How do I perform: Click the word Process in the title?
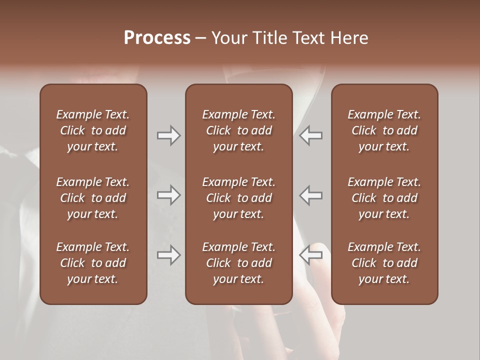[x=157, y=38]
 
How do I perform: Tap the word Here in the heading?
[x=349, y=38]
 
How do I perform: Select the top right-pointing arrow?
[x=168, y=135]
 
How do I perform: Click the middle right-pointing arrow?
[x=168, y=195]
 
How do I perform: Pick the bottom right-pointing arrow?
[x=168, y=255]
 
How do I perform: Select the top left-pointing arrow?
[x=311, y=135]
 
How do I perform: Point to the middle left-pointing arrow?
[x=311, y=195]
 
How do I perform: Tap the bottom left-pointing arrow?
[x=311, y=255]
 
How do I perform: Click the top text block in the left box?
[x=93, y=130]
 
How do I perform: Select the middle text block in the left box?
[x=93, y=198]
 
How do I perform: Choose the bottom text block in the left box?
[x=93, y=263]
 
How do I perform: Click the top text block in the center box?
[x=239, y=130]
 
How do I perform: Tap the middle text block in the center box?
[x=239, y=198]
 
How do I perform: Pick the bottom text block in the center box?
[x=239, y=263]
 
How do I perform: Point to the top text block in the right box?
[x=384, y=130]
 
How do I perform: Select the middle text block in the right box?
[x=384, y=198]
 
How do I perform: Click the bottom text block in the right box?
[x=384, y=263]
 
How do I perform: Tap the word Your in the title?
[x=228, y=38]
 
